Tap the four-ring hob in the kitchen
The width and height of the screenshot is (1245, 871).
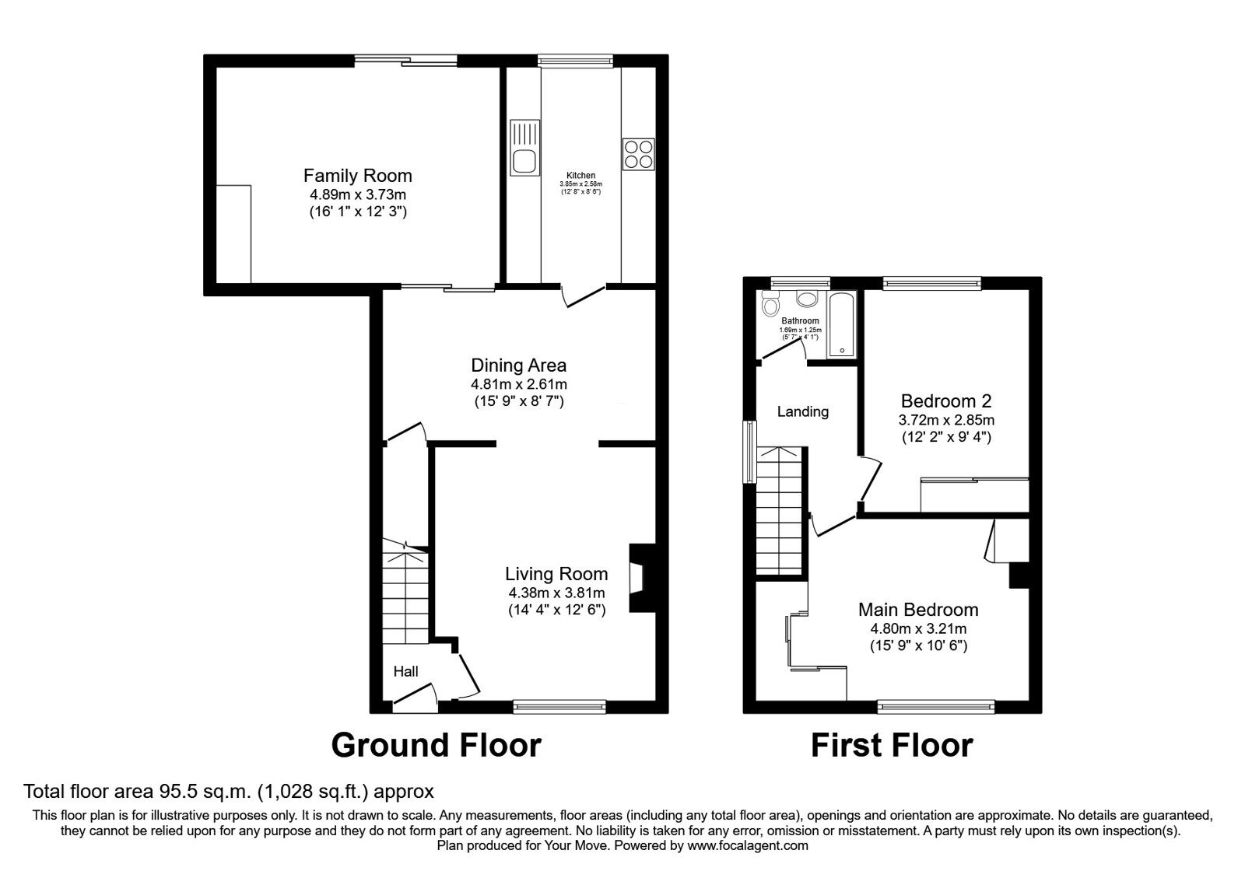coord(638,153)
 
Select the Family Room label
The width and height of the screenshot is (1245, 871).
coord(357,176)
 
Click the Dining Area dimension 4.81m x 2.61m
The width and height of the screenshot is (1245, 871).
coord(518,384)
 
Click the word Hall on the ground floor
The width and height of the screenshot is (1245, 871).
coord(405,671)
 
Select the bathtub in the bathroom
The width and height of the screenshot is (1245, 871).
coord(842,325)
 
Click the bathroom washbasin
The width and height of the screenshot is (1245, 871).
coord(806,299)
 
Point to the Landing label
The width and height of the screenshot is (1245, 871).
coord(803,411)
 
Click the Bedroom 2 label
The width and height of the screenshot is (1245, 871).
coord(945,401)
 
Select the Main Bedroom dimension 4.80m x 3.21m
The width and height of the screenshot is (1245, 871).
coord(917,628)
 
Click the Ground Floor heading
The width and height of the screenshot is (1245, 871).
coord(436,745)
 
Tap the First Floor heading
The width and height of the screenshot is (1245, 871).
coord(892,745)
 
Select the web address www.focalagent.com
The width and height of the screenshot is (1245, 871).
coord(747,845)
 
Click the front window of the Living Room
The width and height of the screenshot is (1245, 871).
coord(559,706)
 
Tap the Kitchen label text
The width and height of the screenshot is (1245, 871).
coord(580,176)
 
